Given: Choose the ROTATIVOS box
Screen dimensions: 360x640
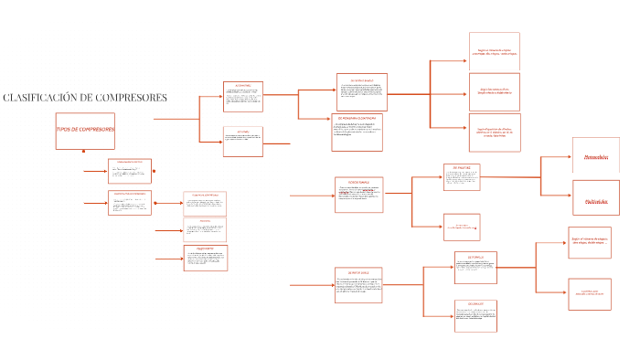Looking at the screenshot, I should [x=243, y=141].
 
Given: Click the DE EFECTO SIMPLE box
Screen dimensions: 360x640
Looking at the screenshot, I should [x=361, y=91].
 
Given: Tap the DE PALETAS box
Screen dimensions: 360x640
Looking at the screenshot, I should [x=462, y=177].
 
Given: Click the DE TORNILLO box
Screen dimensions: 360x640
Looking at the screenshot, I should [x=475, y=269].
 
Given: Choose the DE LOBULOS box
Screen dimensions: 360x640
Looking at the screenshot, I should [x=475, y=314].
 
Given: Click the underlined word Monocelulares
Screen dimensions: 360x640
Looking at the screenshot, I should [x=596, y=156].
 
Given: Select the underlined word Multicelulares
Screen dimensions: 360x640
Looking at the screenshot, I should [x=596, y=198].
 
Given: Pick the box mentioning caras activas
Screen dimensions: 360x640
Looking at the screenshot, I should [x=494, y=91].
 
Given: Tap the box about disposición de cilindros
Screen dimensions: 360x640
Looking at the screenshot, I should [x=494, y=132].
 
